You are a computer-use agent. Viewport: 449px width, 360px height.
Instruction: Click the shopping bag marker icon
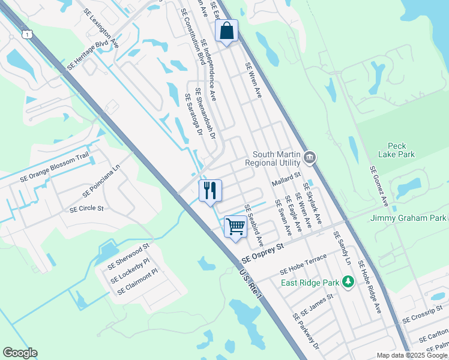click(227, 31)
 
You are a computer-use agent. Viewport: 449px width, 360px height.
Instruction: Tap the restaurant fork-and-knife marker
click(210, 191)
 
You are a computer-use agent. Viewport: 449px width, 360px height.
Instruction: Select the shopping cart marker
click(235, 227)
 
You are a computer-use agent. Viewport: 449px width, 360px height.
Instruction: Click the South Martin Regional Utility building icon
click(310, 158)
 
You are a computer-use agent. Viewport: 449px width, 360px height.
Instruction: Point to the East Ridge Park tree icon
click(347, 281)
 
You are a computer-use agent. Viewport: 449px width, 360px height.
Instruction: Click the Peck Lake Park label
click(401, 150)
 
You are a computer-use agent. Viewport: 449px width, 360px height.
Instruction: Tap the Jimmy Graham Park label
click(409, 218)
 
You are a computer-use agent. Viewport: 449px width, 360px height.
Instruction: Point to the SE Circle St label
click(87, 209)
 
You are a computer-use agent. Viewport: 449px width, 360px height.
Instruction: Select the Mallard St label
click(285, 179)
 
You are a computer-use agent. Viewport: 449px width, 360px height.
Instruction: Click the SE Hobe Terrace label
click(303, 265)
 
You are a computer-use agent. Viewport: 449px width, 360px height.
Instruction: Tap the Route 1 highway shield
click(27, 35)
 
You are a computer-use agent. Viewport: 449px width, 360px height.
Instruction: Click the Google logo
click(20, 353)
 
